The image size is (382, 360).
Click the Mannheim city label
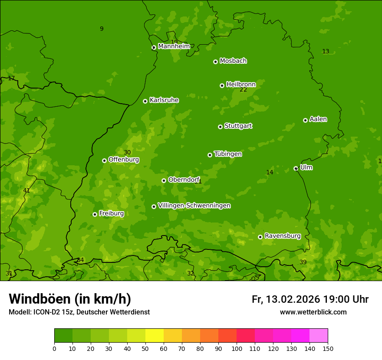click(x=174, y=46)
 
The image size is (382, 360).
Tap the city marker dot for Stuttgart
click(x=220, y=127)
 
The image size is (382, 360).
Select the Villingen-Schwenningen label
click(x=194, y=206)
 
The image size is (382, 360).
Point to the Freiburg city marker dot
click(x=95, y=214)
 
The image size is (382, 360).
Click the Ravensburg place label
click(x=283, y=236)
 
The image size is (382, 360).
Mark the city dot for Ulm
click(x=296, y=168)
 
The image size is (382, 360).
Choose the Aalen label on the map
click(x=318, y=119)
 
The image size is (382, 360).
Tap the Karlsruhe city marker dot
click(x=145, y=101)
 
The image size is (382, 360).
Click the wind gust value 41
click(x=26, y=190)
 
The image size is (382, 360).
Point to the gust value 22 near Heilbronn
click(x=243, y=90)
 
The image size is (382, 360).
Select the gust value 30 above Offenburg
click(x=127, y=152)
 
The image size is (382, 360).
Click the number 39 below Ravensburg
click(x=303, y=262)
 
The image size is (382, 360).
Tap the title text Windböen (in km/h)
click(x=69, y=299)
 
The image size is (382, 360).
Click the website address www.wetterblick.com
click(x=313, y=312)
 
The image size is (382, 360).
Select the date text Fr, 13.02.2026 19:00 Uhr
click(x=310, y=299)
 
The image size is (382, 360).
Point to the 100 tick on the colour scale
click(x=237, y=348)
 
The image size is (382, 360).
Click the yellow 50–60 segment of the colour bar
click(x=155, y=335)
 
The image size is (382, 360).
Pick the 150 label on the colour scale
click(x=328, y=348)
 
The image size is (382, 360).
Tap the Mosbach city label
click(x=233, y=61)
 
